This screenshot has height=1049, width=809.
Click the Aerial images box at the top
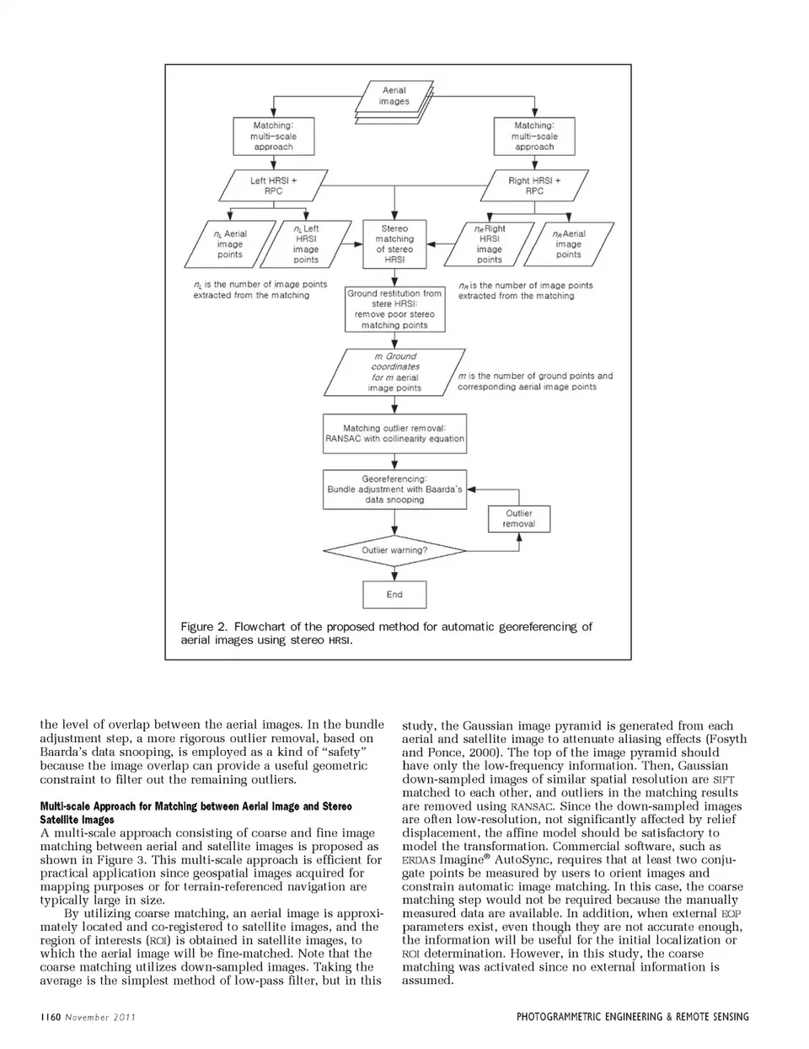(x=394, y=96)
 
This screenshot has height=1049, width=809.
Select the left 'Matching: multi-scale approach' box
(x=273, y=136)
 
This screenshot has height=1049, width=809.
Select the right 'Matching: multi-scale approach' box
(x=534, y=136)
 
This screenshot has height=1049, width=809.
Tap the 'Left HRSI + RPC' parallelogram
(x=273, y=185)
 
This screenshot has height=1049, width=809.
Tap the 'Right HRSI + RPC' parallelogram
(x=534, y=185)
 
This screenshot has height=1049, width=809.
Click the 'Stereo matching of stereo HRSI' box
(x=394, y=244)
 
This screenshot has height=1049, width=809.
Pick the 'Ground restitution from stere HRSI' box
(x=394, y=309)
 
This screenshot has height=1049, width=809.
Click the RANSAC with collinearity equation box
(x=394, y=433)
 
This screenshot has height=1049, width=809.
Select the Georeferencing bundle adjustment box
(x=394, y=489)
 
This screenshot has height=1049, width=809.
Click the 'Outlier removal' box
(x=518, y=518)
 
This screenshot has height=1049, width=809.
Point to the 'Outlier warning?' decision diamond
(x=394, y=550)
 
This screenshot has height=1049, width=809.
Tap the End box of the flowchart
(x=394, y=594)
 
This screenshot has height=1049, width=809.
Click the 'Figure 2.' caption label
(x=204, y=627)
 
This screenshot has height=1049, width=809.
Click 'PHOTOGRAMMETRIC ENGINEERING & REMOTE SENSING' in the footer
(x=632, y=1017)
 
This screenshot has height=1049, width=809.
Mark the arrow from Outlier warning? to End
(x=394, y=573)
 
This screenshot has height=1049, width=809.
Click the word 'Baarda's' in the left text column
(x=69, y=752)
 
